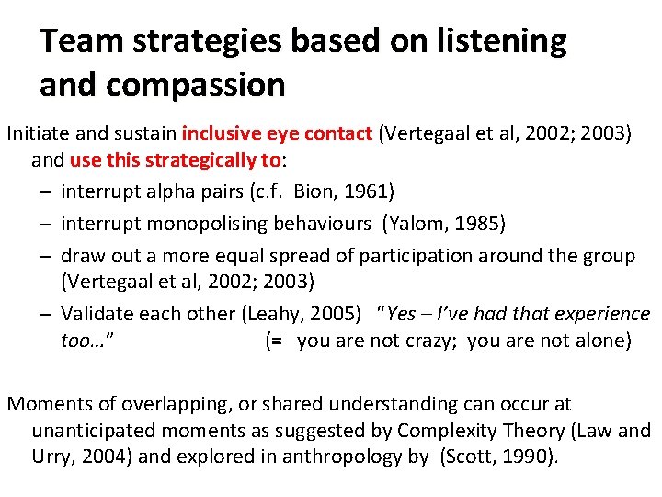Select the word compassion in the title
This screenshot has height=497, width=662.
[197, 86]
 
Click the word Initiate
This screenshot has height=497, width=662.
[38, 133]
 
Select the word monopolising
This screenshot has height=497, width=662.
[203, 224]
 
